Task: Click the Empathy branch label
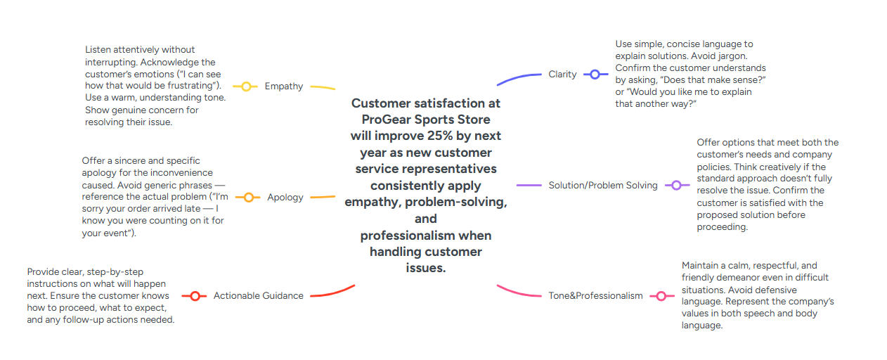pyautogui.click(x=284, y=86)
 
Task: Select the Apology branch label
pyautogui.click(x=285, y=198)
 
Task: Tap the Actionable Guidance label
pyautogui.click(x=259, y=296)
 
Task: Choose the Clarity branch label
pyautogui.click(x=562, y=75)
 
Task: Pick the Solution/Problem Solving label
pyautogui.click(x=603, y=186)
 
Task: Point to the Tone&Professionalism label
pyautogui.click(x=595, y=296)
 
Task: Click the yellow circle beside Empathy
pyautogui.click(x=246, y=86)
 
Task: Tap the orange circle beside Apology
pyautogui.click(x=247, y=198)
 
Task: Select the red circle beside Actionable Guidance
pyautogui.click(x=194, y=296)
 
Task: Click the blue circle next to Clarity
pyautogui.click(x=595, y=75)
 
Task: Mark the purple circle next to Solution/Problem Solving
pyautogui.click(x=676, y=186)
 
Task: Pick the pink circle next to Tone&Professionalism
pyautogui.click(x=661, y=296)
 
